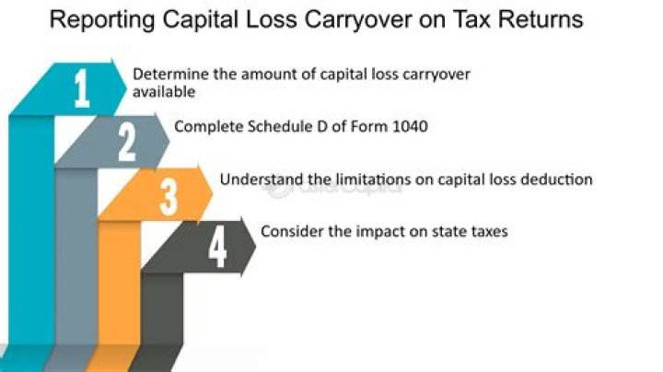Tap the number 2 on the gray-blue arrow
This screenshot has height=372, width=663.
tap(127, 143)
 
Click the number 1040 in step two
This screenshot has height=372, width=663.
tap(403, 127)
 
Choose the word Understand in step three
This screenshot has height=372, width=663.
tap(260, 180)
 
